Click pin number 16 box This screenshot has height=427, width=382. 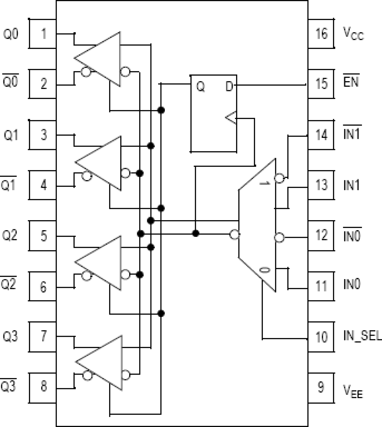click(x=321, y=34)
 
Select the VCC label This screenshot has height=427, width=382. click(x=353, y=33)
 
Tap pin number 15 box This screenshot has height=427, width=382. click(x=321, y=84)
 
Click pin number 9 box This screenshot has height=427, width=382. click(x=321, y=387)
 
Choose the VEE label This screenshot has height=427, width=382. click(x=353, y=391)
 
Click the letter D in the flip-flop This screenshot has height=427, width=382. click(x=229, y=87)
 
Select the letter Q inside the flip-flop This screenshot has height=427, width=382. click(x=200, y=87)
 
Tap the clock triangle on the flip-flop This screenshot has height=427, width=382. click(x=231, y=118)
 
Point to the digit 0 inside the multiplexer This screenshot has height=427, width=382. click(x=265, y=270)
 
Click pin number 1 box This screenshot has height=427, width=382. click(x=43, y=34)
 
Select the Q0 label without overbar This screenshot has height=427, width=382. click(x=11, y=34)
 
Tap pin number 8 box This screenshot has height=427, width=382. click(x=43, y=386)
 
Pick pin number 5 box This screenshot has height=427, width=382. click(x=43, y=236)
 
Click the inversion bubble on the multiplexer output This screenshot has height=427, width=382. click(x=234, y=234)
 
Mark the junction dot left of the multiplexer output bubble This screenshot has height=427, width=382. click(x=196, y=233)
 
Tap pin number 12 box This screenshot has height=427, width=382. click(x=321, y=235)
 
